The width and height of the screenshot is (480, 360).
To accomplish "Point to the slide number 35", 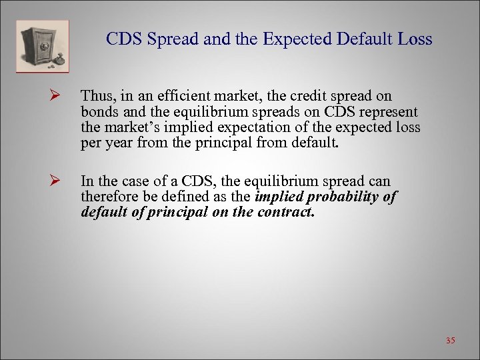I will [450, 341].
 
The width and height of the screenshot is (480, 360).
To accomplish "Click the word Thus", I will [95, 97].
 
